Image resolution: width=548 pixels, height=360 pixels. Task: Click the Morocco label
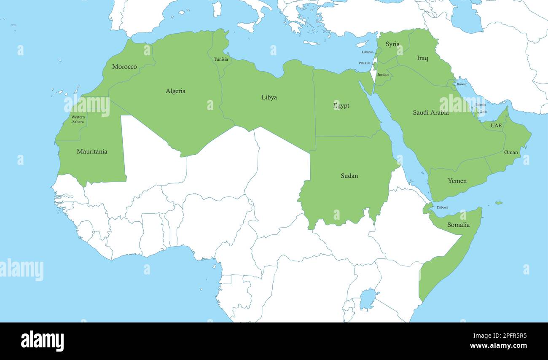click(124, 67)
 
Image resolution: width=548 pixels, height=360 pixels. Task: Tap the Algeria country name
click(175, 91)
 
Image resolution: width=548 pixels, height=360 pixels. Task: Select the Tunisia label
click(221, 59)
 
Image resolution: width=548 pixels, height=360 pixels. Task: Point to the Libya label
click(269, 97)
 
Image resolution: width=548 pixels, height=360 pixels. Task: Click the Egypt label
click(341, 106)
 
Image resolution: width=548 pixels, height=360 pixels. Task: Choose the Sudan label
click(349, 176)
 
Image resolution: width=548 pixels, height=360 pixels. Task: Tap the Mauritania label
click(92, 151)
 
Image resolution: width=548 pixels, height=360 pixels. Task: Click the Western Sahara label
click(78, 119)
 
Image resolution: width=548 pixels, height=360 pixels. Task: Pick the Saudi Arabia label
click(430, 113)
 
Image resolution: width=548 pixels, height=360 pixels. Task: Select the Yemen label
click(457, 181)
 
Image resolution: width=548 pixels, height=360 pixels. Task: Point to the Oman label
click(511, 153)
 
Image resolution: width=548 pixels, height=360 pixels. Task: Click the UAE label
click(496, 126)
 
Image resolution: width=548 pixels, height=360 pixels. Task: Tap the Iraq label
click(422, 58)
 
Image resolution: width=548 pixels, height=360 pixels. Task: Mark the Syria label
click(392, 44)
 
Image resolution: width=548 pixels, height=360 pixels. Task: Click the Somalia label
click(458, 225)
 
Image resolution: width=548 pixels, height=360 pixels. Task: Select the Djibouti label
click(442, 207)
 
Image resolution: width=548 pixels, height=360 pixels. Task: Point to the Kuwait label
click(462, 84)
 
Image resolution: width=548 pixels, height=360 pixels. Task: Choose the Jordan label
click(383, 75)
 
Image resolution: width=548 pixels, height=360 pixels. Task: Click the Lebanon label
click(368, 52)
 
